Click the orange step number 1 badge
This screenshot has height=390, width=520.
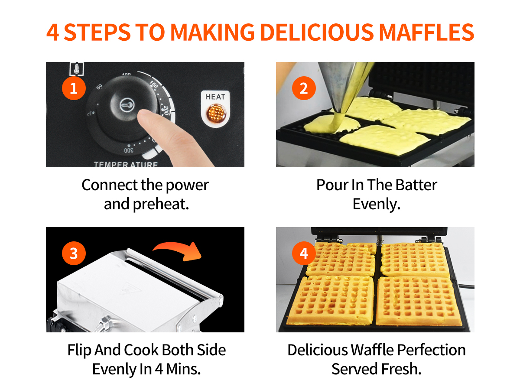[x=74, y=88]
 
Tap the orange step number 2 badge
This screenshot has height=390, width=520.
[x=304, y=88]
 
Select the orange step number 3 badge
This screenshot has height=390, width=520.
[x=74, y=253]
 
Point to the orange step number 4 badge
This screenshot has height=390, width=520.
[x=304, y=253]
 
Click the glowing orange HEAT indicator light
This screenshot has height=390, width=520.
[x=215, y=113]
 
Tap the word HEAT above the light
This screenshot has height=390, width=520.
[x=215, y=97]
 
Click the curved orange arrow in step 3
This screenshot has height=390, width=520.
[x=177, y=251]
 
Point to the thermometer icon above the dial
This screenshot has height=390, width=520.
[x=77, y=68]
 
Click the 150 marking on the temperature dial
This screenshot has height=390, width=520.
[x=154, y=84]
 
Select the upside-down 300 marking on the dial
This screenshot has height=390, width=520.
[x=129, y=150]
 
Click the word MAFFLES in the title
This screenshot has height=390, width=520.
[x=426, y=32]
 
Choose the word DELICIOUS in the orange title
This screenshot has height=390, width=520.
[x=317, y=32]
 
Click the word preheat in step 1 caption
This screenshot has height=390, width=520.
[x=161, y=205]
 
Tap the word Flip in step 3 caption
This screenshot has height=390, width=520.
[x=79, y=351]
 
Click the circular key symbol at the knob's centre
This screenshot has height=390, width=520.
[x=127, y=105]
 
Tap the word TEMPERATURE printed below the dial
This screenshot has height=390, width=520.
[x=126, y=164]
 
